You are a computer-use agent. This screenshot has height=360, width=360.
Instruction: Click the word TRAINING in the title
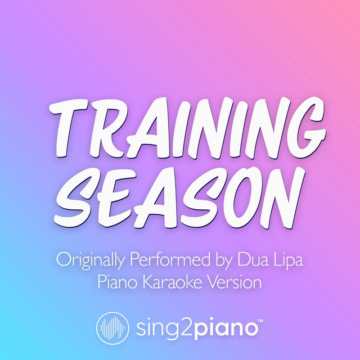(x=187, y=128)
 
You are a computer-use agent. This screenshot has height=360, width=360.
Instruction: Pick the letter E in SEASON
(x=115, y=198)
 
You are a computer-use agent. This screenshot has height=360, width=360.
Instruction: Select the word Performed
(x=170, y=259)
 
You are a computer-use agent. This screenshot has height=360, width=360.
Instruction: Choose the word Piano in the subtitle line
(x=118, y=282)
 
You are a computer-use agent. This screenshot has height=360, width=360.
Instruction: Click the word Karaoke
(x=172, y=282)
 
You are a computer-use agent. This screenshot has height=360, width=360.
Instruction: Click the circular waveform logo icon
(x=112, y=328)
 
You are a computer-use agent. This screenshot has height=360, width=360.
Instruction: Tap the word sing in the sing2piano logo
(x=152, y=328)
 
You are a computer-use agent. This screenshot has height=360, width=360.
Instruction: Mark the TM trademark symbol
(x=260, y=321)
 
